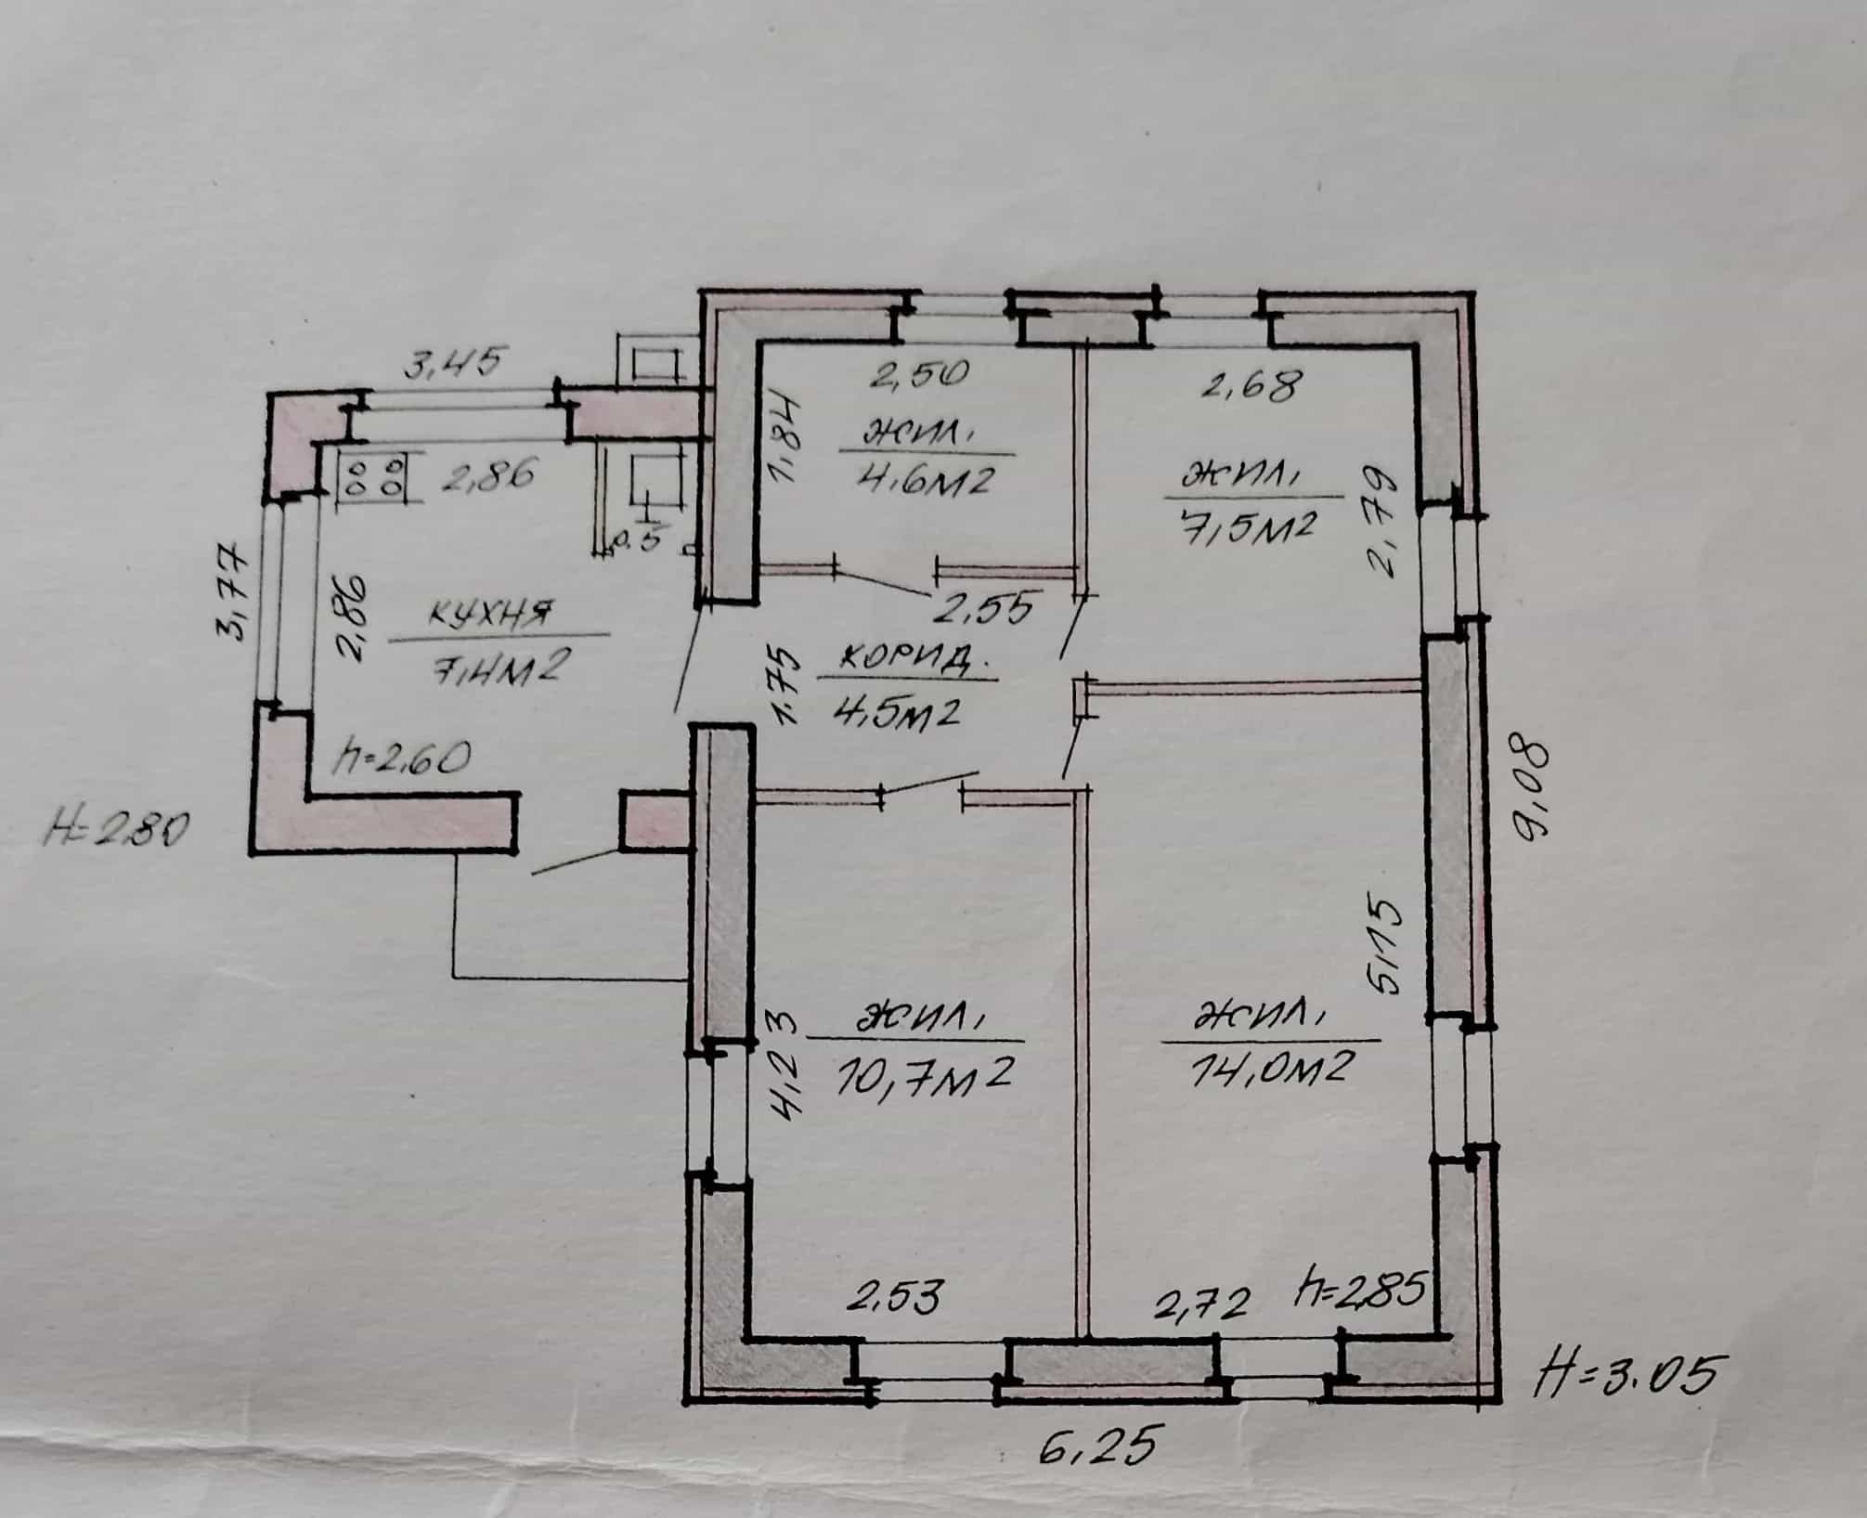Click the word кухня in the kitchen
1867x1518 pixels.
pos(492,614)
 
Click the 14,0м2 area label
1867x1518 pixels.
pos(1268,1069)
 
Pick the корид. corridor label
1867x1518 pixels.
pos(907,661)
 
